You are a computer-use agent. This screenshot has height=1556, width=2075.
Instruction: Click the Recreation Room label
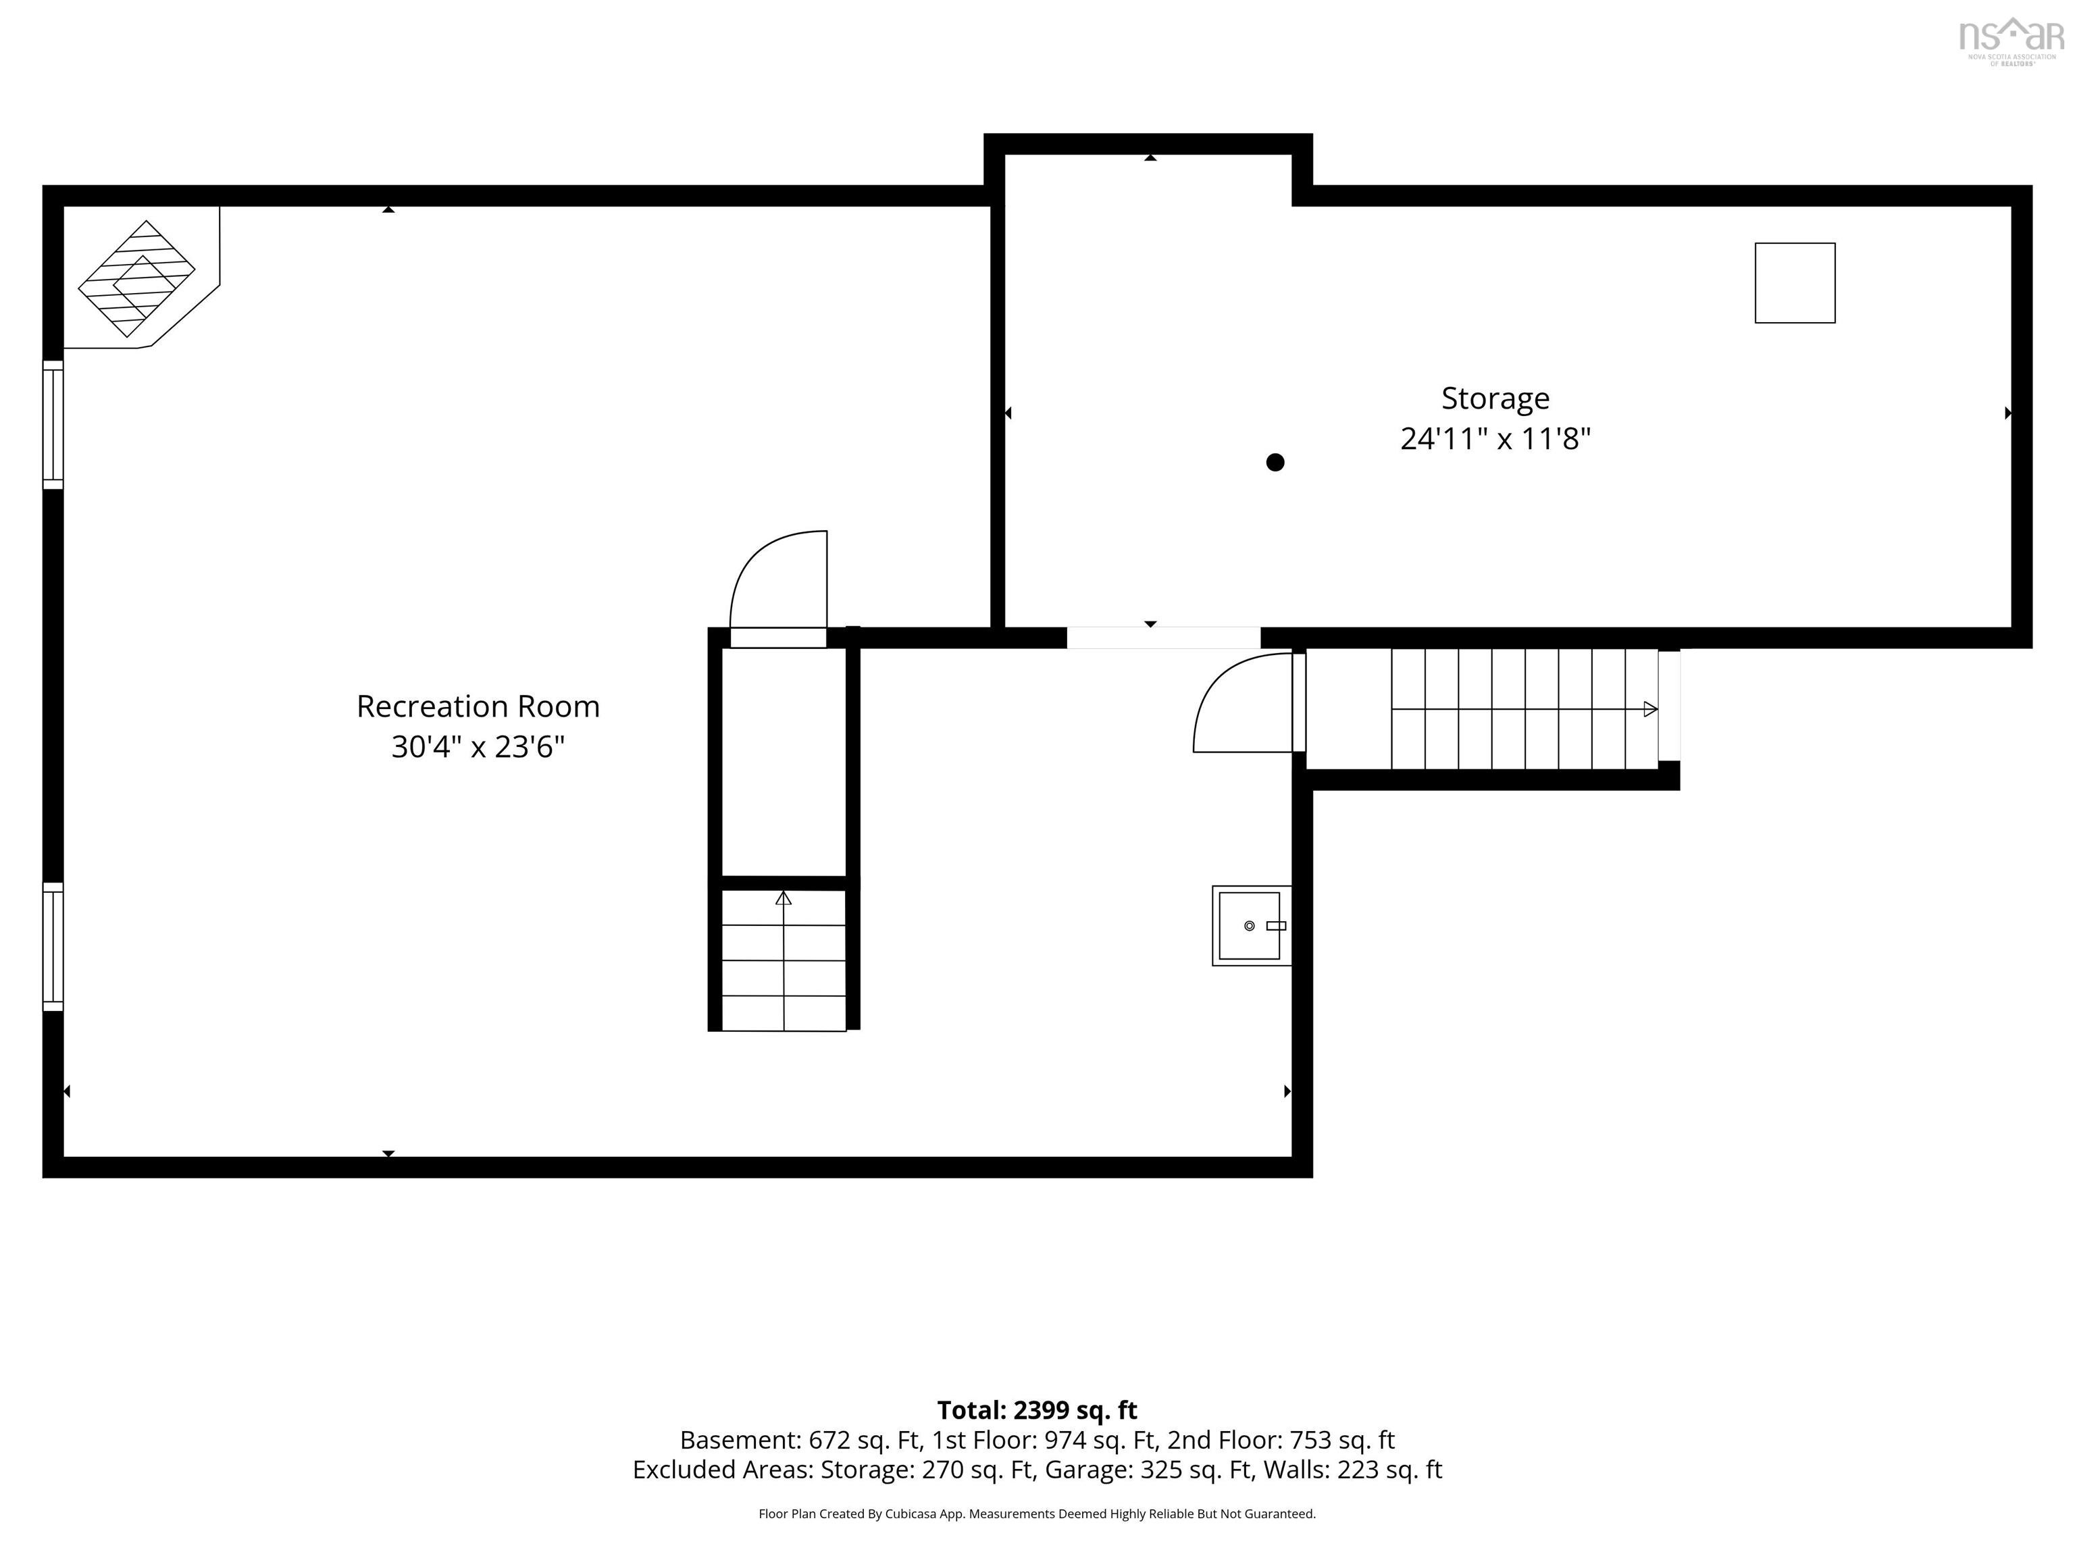click(x=478, y=706)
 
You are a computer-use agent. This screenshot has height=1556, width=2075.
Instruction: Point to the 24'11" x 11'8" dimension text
click(x=1495, y=439)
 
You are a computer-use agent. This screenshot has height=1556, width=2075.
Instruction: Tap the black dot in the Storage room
click(x=1275, y=461)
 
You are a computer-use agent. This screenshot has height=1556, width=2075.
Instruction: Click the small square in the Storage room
click(x=1795, y=283)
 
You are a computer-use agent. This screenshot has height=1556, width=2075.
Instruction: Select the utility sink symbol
click(x=1252, y=926)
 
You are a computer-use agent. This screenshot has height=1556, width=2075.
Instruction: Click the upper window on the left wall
click(x=53, y=425)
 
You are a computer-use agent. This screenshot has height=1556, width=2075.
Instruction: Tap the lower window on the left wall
click(x=53, y=946)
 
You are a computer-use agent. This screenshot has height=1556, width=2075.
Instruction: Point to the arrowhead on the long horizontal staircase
click(x=1650, y=709)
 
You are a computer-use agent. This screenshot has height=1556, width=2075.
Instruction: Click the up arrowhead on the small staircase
click(x=784, y=898)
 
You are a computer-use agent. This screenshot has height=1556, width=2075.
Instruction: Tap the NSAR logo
click(x=2012, y=41)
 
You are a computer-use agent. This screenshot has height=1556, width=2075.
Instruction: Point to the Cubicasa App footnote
click(x=1037, y=1514)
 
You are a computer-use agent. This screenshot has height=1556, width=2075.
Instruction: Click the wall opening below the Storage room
click(x=1163, y=638)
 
